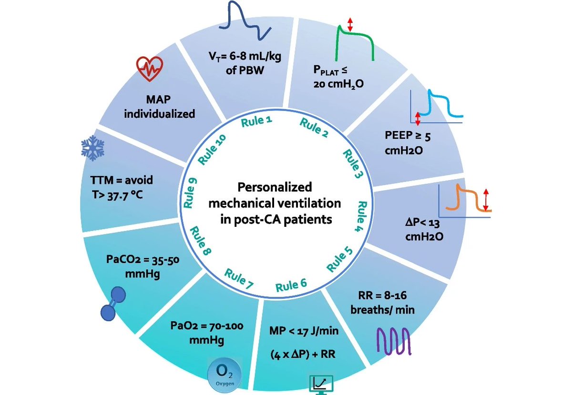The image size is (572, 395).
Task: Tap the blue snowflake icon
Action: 92,150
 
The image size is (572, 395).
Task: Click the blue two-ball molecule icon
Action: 113,304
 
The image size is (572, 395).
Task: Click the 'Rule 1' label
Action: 256,122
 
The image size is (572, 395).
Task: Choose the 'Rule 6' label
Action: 291,285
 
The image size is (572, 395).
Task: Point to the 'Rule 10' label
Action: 212,149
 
